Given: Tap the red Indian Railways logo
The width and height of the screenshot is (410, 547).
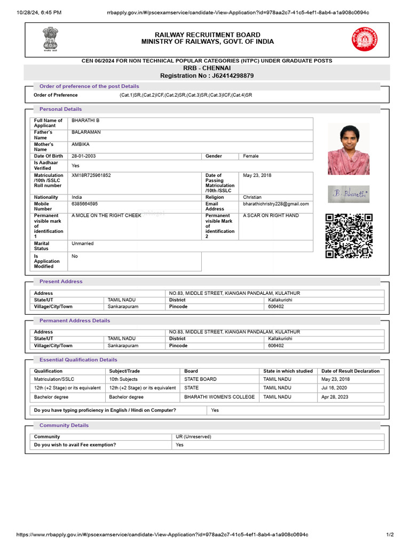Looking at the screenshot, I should [364, 39].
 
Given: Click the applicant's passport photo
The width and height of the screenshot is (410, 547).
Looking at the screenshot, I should [348, 149].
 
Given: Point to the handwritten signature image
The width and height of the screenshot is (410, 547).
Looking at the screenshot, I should [348, 193].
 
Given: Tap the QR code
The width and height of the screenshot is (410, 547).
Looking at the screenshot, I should [349, 236].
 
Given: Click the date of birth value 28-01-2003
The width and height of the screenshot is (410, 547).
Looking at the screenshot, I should [84, 156].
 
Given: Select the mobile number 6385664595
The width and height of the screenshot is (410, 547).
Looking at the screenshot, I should [85, 204].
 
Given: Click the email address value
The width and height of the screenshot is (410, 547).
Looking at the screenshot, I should [275, 204].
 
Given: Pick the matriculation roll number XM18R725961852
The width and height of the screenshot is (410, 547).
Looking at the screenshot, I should [91, 175].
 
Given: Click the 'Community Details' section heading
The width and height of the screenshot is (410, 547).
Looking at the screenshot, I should [64, 425].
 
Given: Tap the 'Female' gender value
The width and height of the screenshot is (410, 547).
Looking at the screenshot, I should [250, 156].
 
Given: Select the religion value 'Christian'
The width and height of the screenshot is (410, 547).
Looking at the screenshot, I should [252, 197].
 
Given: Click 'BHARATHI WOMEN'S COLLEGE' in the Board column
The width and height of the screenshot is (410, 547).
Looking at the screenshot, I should [219, 397].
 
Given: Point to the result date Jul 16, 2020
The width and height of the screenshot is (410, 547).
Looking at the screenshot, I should [334, 388].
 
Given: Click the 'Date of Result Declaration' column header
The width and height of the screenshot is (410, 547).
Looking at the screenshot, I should [350, 371].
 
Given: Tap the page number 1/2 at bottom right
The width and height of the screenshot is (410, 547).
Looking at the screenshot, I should [390, 535].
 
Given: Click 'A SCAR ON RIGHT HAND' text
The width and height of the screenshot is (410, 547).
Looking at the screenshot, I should [271, 215].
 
